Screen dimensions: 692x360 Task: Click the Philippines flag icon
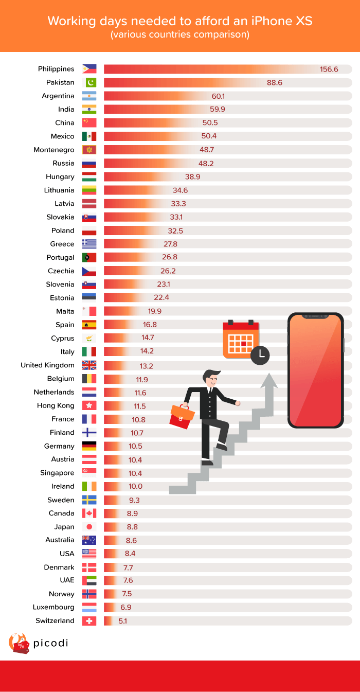pyautogui.click(x=89, y=69)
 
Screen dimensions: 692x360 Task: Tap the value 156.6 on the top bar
pyautogui.click(x=329, y=69)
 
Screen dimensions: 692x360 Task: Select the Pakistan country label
pyautogui.click(x=60, y=82)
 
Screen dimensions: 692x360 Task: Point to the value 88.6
pyautogui.click(x=274, y=82)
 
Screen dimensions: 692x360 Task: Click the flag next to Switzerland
pyautogui.click(x=89, y=621)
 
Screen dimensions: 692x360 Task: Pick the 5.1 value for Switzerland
pyautogui.click(x=122, y=621)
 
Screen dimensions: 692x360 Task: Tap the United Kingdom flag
pyautogui.click(x=89, y=365)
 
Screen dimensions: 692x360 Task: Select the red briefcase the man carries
pyautogui.click(x=182, y=415)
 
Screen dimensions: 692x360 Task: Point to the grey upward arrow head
pyautogui.click(x=268, y=381)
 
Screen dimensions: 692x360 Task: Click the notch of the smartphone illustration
pyautogui.click(x=315, y=315)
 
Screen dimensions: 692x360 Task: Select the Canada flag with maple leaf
pyautogui.click(x=89, y=513)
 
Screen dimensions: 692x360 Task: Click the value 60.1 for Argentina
pyautogui.click(x=219, y=96)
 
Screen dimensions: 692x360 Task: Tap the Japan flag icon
pyautogui.click(x=89, y=527)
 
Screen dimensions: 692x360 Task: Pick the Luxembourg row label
pyautogui.click(x=53, y=607)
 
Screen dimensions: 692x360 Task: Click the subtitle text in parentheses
pyautogui.click(x=180, y=35)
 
